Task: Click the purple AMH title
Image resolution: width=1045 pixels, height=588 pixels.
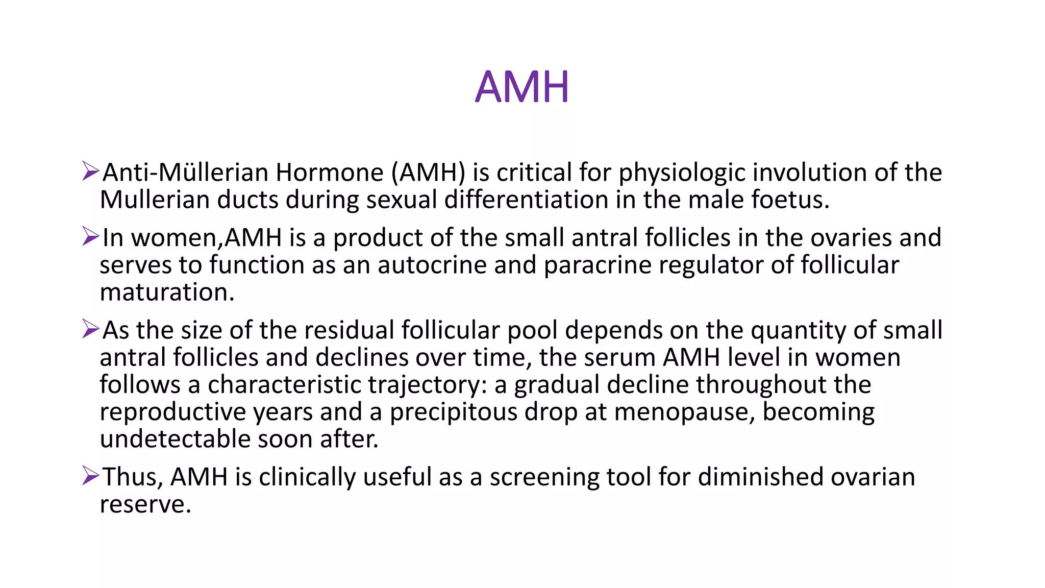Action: [x=521, y=87]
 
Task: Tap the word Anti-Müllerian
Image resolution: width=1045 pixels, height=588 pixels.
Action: [x=186, y=173]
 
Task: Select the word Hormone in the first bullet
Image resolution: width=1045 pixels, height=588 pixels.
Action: [x=330, y=173]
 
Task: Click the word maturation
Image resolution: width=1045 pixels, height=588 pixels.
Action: [x=167, y=292]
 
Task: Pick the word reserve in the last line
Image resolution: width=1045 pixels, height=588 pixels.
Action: [x=145, y=504]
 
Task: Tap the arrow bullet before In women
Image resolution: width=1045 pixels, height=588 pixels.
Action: [x=90, y=237]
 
